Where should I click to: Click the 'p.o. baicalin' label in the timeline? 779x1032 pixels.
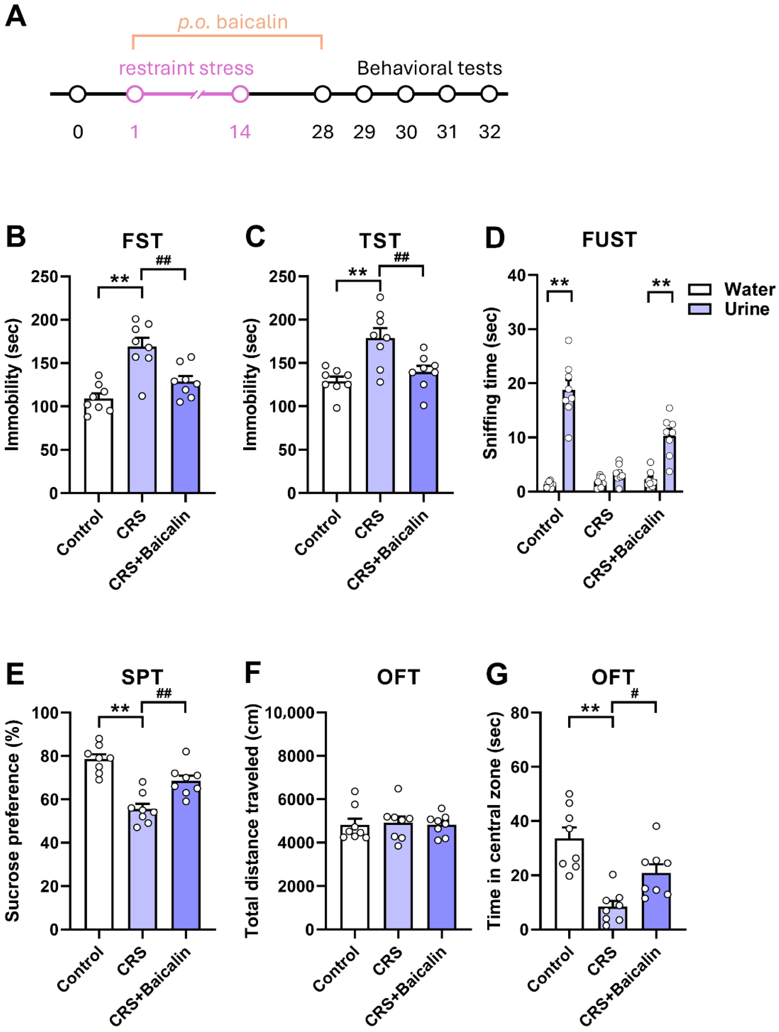click(233, 22)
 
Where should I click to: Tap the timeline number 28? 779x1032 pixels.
click(322, 132)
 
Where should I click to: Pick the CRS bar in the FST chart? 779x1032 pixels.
click(142, 420)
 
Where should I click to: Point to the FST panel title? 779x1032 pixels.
click(142, 241)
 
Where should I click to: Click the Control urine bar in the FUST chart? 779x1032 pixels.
click(568, 441)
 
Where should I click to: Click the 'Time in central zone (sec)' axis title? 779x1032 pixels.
click(494, 821)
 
